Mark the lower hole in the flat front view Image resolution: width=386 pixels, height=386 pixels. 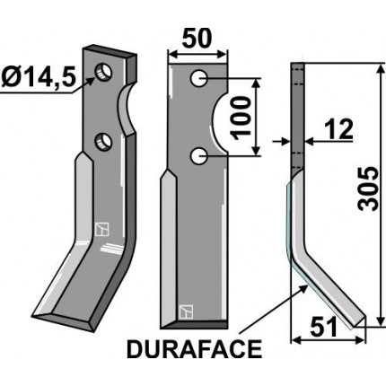pos(198,157)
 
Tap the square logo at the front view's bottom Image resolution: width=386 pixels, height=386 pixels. pos(186,311)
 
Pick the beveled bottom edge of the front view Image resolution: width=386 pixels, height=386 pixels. pos(197,322)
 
